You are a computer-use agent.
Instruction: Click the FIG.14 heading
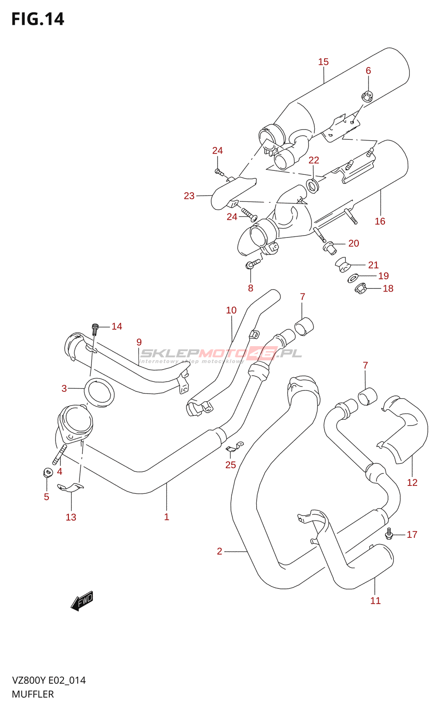pos(38,19)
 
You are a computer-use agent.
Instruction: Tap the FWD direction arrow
pos(82,601)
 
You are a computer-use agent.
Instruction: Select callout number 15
pos(323,62)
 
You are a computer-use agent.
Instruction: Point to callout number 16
pos(380,221)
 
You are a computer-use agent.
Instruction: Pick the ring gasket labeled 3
pos(99,392)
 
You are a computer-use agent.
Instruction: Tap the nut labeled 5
pos(47,472)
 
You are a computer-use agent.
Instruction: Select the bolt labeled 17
pos(389,533)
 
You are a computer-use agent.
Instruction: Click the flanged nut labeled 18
pos(361,289)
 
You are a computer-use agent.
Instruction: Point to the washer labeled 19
pos(353,278)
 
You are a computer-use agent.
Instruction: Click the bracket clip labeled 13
pos(70,488)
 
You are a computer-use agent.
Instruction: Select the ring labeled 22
pos(313,185)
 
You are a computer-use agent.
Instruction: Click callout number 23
pos(189,196)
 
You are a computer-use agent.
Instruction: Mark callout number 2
pos(219,551)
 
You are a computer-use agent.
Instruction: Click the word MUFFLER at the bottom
pos(33,694)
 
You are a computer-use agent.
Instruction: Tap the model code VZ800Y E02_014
pos(49,680)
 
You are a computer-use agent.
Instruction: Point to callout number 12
pos(412,482)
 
